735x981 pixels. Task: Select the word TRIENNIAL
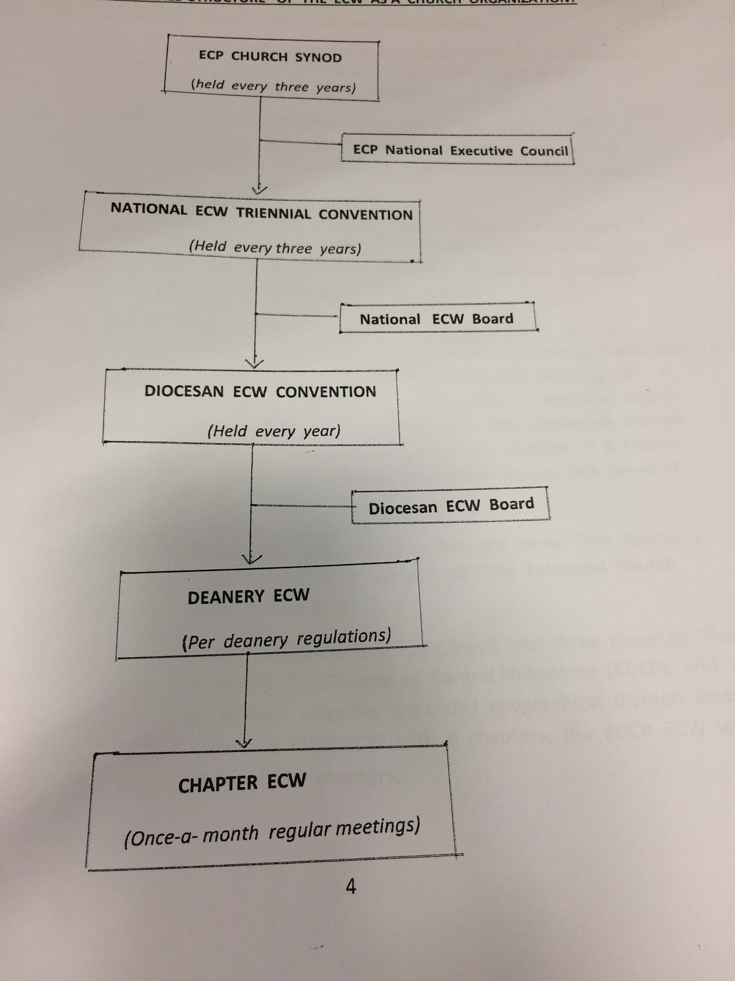pyautogui.click(x=273, y=213)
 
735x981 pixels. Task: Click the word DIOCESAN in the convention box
pyautogui.click(x=184, y=391)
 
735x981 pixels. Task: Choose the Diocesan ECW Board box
pyautogui.click(x=451, y=506)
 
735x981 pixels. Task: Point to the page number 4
pyautogui.click(x=350, y=887)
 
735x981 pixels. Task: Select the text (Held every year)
pyautogui.click(x=274, y=431)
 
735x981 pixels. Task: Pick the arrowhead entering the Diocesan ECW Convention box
pyautogui.click(x=254, y=364)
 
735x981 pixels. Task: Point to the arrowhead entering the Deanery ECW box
pyautogui.click(x=251, y=559)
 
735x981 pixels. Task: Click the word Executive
pyautogui.click(x=481, y=151)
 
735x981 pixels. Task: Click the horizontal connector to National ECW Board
pyautogui.click(x=297, y=315)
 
